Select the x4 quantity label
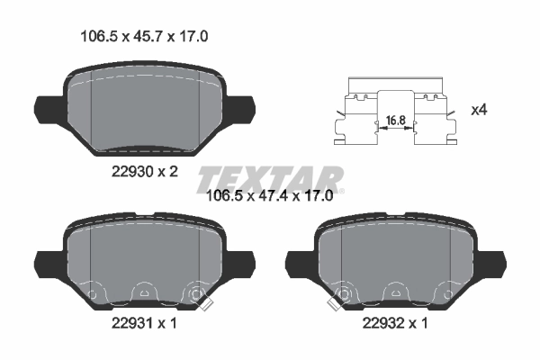pos(480,111)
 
